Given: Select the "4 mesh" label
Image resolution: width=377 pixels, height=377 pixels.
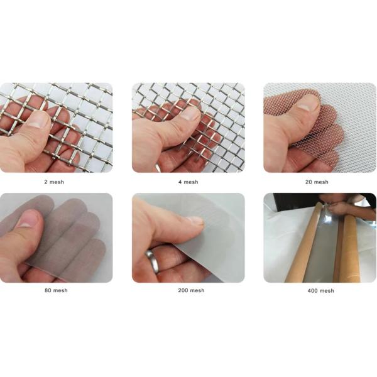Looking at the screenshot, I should point(188,182).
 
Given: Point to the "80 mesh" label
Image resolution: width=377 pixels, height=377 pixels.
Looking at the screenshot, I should point(56,290).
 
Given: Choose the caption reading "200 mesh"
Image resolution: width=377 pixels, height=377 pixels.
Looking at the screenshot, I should point(188,290).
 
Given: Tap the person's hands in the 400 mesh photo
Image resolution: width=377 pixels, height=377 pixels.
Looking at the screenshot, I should point(342,207).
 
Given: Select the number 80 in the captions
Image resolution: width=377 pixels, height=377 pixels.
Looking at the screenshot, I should point(47,290).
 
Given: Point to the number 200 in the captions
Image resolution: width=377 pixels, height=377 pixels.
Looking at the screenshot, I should point(179,290).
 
